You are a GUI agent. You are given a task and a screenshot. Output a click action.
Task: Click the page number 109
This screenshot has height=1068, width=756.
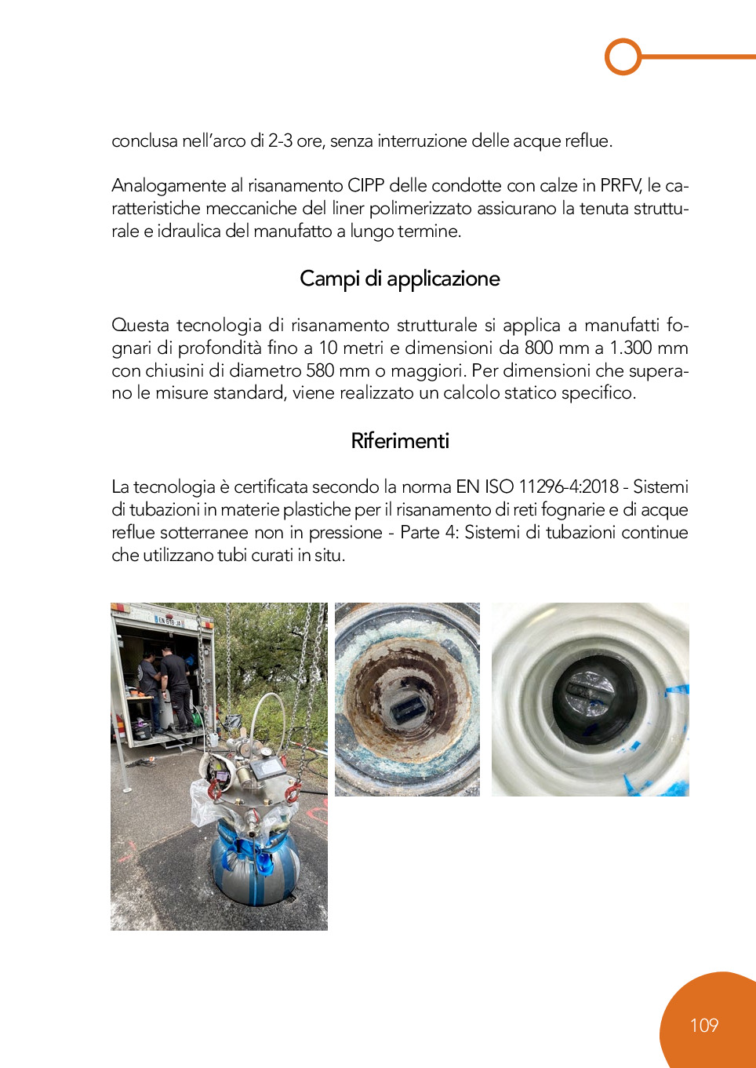[x=703, y=1026]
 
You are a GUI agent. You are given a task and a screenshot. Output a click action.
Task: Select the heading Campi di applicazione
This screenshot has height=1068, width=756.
[x=400, y=279]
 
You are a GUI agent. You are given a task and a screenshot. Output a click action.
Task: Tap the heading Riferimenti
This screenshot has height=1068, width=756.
[x=400, y=441]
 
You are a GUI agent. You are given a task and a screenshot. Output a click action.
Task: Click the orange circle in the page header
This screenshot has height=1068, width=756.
[x=623, y=56]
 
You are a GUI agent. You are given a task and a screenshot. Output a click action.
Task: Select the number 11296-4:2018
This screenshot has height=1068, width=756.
[x=569, y=487]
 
